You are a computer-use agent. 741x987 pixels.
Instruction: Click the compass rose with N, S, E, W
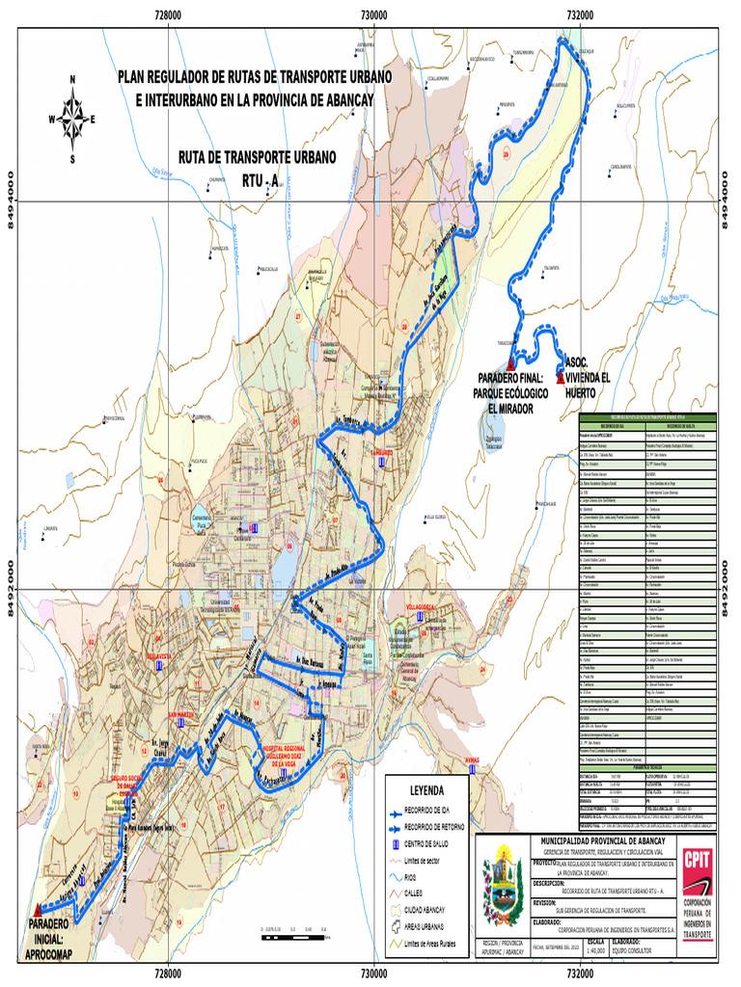(72, 120)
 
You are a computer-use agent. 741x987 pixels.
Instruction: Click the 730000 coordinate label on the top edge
(373, 14)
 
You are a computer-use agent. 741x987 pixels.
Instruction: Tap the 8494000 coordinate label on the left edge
(11, 200)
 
